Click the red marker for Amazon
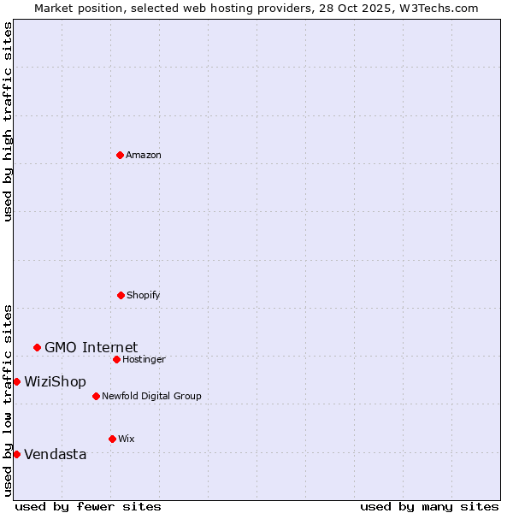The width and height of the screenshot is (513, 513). [x=120, y=155]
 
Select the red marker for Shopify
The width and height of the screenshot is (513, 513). [x=121, y=295]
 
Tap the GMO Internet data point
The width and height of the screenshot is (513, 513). [x=37, y=347]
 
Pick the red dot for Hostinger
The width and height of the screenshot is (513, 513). [x=116, y=359]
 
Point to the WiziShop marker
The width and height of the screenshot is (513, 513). [x=16, y=381]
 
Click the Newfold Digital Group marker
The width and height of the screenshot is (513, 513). [x=96, y=396]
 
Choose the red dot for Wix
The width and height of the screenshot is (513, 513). [x=112, y=439]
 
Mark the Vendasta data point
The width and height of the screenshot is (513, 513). [x=16, y=454]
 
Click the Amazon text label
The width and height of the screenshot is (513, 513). [x=144, y=155]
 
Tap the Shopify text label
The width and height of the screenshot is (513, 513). [x=144, y=295]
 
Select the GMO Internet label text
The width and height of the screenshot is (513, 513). [x=91, y=347]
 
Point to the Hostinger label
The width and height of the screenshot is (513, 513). [x=144, y=359]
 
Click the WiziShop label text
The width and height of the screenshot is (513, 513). [x=55, y=381]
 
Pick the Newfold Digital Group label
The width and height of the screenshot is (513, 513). [x=151, y=396]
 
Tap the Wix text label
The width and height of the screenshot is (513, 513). [x=126, y=439]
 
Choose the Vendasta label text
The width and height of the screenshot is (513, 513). [x=55, y=454]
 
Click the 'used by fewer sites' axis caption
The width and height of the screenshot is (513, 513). [x=88, y=506]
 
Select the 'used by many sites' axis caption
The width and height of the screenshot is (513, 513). [x=429, y=506]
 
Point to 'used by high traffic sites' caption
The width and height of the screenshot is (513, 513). [x=8, y=121]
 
